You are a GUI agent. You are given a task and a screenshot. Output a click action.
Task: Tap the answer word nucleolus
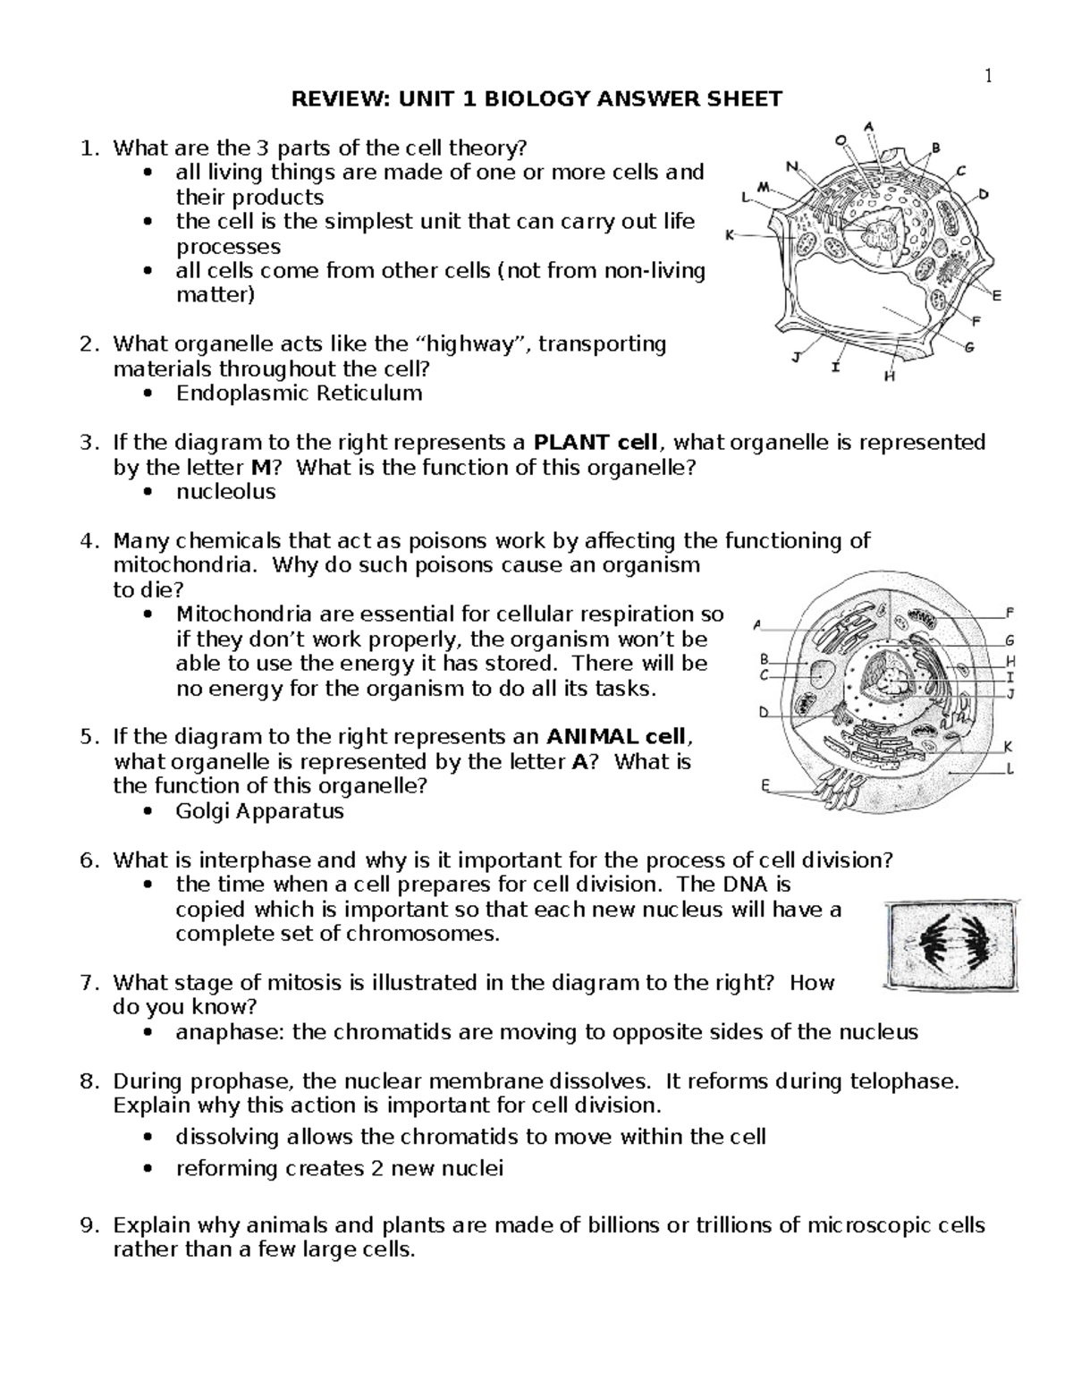click(x=225, y=492)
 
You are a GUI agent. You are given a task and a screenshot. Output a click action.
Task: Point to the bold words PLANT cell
click(x=596, y=443)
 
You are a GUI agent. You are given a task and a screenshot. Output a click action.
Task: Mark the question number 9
click(x=87, y=1225)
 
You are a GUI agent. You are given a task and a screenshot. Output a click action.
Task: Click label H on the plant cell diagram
click(x=890, y=377)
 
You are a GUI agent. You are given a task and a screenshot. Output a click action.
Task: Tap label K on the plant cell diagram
click(x=730, y=235)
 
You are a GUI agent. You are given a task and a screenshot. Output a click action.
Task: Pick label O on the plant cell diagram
click(x=840, y=140)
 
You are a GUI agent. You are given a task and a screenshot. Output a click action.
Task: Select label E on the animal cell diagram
click(x=765, y=785)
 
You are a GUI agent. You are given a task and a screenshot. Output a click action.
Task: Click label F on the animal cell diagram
click(x=1010, y=614)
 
